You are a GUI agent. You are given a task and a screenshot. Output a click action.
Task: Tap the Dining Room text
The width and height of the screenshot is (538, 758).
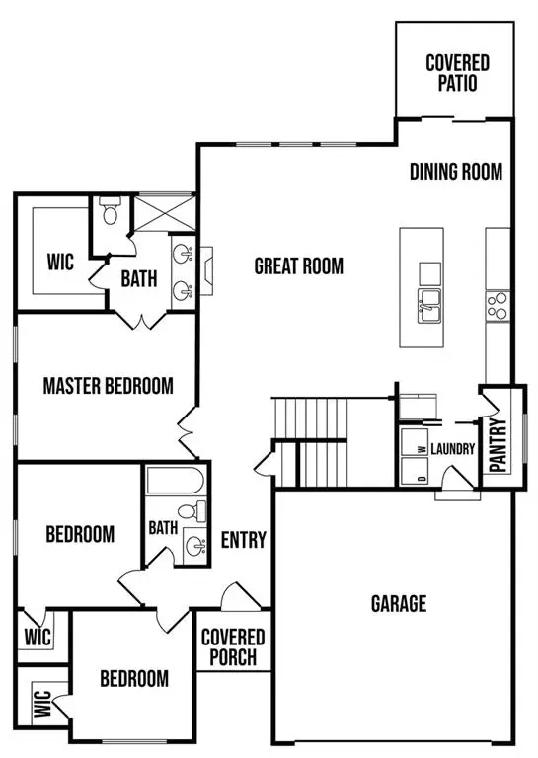[x=456, y=172]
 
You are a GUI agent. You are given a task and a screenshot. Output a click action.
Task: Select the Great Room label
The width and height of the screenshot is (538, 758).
[x=298, y=265]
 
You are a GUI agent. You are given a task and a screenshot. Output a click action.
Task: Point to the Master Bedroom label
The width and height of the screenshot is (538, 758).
[x=108, y=385]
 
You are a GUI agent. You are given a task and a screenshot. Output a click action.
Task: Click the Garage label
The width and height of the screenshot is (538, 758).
[x=398, y=603]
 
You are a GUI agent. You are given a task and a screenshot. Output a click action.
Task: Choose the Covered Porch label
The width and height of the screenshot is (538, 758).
[x=233, y=646]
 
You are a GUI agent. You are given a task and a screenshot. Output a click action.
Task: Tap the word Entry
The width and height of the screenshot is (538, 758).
[x=243, y=540]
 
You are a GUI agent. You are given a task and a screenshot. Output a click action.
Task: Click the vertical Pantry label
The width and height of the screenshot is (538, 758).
[x=498, y=446]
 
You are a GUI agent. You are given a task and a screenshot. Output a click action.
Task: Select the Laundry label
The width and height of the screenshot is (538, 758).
[x=453, y=449]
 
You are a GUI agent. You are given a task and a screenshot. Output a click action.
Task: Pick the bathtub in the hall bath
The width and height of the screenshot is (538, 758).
[x=174, y=483]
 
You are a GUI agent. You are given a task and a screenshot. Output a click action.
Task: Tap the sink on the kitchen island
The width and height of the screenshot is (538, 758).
[x=430, y=307]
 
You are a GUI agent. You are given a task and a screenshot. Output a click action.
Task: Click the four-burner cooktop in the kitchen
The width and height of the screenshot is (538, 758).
[x=497, y=303]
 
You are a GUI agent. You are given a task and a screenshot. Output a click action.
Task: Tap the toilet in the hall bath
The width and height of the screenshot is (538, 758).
[x=201, y=512]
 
